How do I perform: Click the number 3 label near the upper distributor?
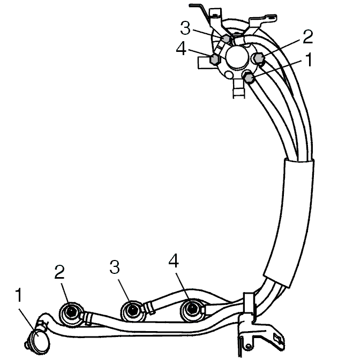coord(185,28)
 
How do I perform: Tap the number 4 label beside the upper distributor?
coord(181,49)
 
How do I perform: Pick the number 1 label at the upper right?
coord(309,59)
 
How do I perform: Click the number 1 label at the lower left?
coord(19,295)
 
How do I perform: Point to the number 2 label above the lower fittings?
coord(59,272)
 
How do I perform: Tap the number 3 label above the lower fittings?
coord(115,267)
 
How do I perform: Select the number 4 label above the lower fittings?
coord(174,261)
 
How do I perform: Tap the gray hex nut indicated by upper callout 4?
coord(214,59)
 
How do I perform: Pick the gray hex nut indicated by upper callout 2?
coord(259,58)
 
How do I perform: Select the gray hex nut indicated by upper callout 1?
coord(249,78)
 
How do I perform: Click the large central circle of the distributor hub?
coord(237,57)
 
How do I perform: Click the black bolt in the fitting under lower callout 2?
coord(71,312)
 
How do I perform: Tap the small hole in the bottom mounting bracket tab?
coord(248,346)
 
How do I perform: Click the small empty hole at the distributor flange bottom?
coord(229,74)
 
